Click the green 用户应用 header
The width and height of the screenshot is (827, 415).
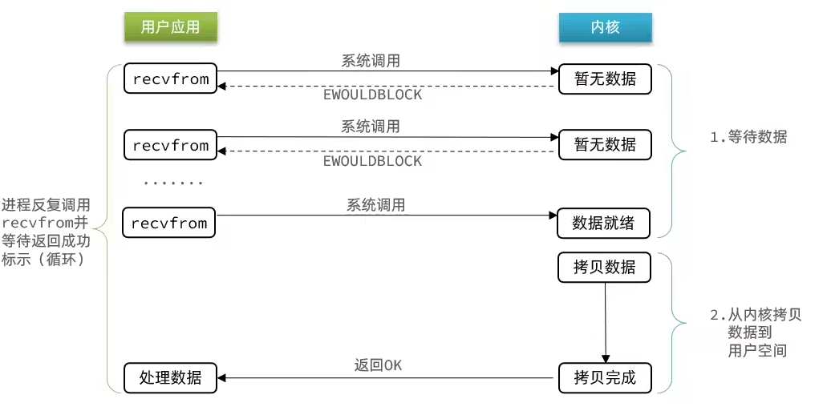170,28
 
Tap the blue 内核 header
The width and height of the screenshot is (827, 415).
605,28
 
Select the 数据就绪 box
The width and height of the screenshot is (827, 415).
603,224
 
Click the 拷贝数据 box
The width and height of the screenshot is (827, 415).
604,268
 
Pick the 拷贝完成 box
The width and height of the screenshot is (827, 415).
604,377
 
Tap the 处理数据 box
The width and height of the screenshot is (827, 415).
170,377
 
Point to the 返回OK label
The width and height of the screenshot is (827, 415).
378,365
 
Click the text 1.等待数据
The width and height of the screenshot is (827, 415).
748,137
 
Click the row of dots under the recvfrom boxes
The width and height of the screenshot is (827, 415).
173,183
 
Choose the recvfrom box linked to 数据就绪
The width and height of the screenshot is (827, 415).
169,223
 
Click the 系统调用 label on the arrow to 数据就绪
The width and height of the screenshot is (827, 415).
376,206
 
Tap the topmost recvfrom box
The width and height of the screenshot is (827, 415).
170,79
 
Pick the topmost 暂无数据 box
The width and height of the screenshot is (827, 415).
605,79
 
